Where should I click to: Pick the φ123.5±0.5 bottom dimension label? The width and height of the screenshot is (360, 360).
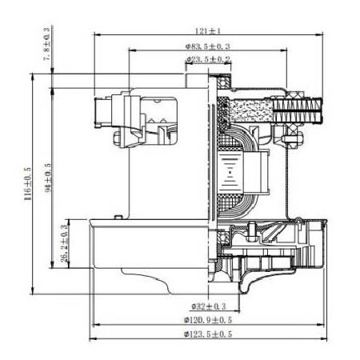pyautogui.click(x=209, y=334)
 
